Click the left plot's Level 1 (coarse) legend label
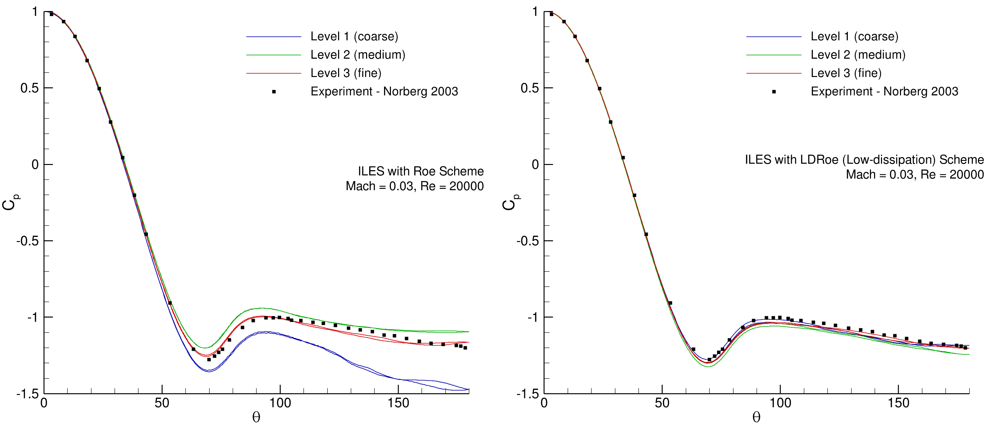click(x=354, y=36)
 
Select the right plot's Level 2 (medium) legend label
click(x=858, y=55)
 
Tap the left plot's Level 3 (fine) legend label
click(x=346, y=73)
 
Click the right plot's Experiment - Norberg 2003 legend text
click(x=884, y=91)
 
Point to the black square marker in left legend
click(x=274, y=92)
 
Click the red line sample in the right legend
click(x=774, y=73)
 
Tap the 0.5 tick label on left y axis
click(x=29, y=88)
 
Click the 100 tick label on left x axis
click(x=280, y=403)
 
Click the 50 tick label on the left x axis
click(x=162, y=403)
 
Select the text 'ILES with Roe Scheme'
click(x=421, y=171)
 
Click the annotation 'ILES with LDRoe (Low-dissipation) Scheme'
click(x=864, y=160)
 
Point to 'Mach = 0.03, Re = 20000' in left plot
click(x=414, y=186)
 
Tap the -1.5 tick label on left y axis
click(x=28, y=394)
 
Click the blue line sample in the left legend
click(x=274, y=37)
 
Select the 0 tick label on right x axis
click(x=544, y=403)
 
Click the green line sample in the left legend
click(x=274, y=55)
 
